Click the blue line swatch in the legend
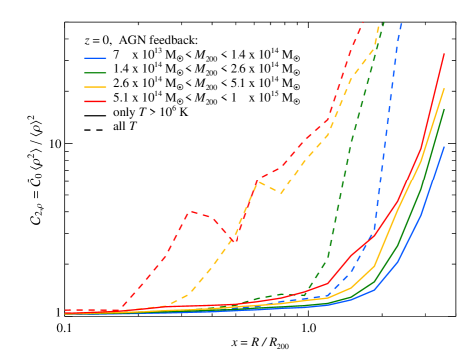click(95, 59)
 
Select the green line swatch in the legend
click(95, 73)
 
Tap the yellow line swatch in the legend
click(95, 87)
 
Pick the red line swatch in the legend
click(95, 101)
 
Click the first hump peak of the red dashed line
click(190, 211)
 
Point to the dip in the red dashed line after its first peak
click(235, 242)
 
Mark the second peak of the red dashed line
click(260, 180)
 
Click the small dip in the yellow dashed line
click(282, 193)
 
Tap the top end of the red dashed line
click(363, 22)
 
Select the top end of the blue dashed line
click(401, 22)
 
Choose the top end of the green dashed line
click(384, 22)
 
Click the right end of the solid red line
click(444, 54)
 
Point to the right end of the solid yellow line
click(444, 89)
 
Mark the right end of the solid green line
click(444, 108)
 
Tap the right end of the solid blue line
click(444, 147)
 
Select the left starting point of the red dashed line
click(65, 310)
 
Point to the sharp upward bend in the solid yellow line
click(374, 266)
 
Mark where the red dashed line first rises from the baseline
click(122, 308)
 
